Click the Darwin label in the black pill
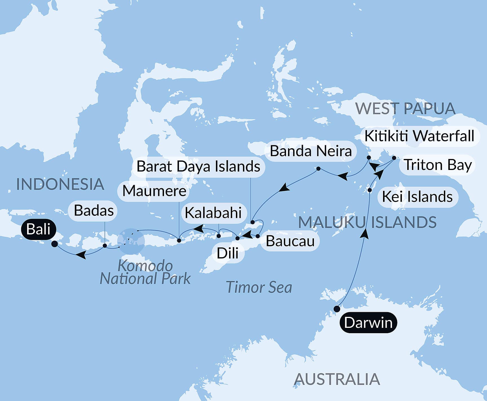(x=368, y=322)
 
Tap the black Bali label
(x=39, y=229)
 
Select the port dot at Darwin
(x=337, y=309)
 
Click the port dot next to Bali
(x=55, y=244)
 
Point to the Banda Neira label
(x=311, y=151)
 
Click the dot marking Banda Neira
(x=318, y=169)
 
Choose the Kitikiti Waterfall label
(x=419, y=136)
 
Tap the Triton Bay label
(x=438, y=165)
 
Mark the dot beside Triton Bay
(x=394, y=158)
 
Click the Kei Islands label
(x=417, y=197)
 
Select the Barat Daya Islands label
(x=198, y=166)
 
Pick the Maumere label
(x=154, y=191)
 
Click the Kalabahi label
(x=213, y=213)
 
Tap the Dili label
(x=227, y=253)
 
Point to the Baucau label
(x=290, y=241)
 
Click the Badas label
(x=94, y=210)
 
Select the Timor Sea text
(x=259, y=288)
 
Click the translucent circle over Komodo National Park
(x=131, y=241)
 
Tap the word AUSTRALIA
(x=337, y=379)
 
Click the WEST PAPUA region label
(x=405, y=109)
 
